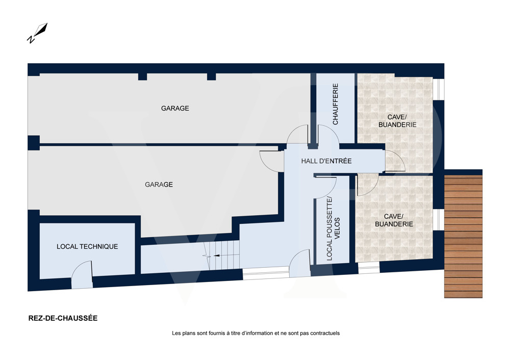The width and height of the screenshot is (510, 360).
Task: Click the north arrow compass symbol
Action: click(x=37, y=33)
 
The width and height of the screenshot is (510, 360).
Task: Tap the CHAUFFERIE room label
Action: click(x=336, y=104)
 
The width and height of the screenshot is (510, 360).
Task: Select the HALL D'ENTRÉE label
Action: click(x=326, y=161)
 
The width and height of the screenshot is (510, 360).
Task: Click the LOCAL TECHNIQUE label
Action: click(x=87, y=246)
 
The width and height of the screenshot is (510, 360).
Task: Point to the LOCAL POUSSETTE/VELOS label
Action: click(x=333, y=228)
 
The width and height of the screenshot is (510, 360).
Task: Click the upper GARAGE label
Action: click(x=175, y=108)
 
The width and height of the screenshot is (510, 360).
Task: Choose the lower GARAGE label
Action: click(x=159, y=185)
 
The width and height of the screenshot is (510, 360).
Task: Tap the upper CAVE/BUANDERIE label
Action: click(x=397, y=121)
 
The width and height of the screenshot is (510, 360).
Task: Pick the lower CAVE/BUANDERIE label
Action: click(x=394, y=220)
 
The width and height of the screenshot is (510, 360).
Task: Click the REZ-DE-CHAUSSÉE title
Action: click(x=63, y=318)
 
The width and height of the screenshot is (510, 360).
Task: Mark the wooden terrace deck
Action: click(x=463, y=237)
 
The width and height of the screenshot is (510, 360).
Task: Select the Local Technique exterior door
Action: click(x=82, y=274)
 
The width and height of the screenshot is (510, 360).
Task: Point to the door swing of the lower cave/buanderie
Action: click(x=368, y=185)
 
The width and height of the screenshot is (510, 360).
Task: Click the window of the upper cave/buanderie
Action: click(x=439, y=89)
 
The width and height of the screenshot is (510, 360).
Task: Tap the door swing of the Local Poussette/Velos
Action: click(x=325, y=188)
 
